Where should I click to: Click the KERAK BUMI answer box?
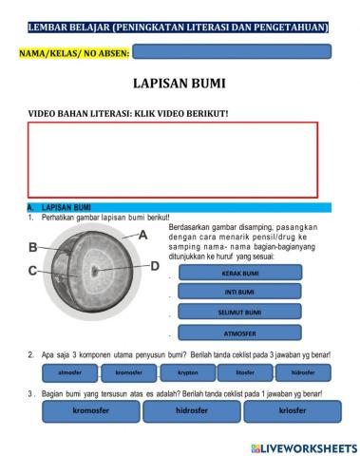[x=238, y=274]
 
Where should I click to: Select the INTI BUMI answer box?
[x=238, y=292]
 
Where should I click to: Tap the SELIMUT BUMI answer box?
[x=238, y=313]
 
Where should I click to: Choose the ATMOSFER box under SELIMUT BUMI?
[x=238, y=333]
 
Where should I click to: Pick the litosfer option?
[x=246, y=373]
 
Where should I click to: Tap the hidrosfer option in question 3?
[x=192, y=411]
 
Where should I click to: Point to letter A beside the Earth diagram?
[x=143, y=234]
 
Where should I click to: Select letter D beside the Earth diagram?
[x=155, y=266]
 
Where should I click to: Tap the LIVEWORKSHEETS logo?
[x=304, y=447]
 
